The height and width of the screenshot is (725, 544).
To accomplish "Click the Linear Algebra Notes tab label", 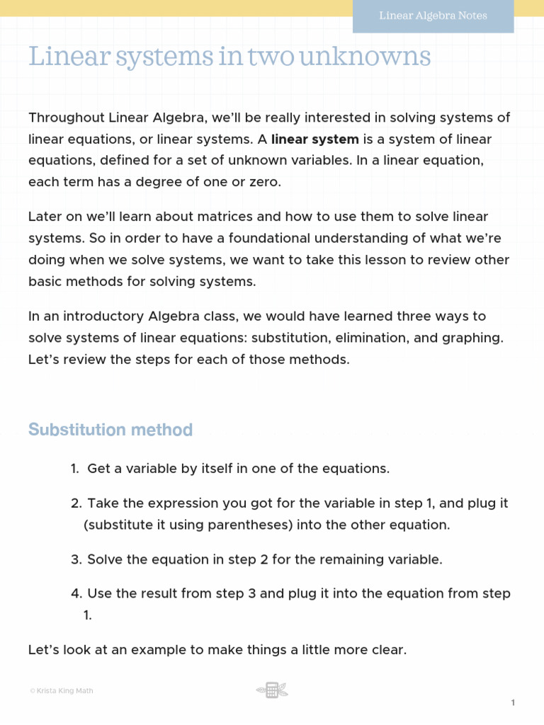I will pyautogui.click(x=433, y=16).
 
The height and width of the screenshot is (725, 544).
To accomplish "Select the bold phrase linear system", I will pyautogui.click(x=315, y=139).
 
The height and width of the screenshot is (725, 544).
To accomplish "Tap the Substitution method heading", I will pyautogui.click(x=110, y=430).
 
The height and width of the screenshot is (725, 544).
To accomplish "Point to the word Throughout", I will pyautogui.click(x=66, y=118).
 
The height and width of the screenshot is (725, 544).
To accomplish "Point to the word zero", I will pyautogui.click(x=263, y=182).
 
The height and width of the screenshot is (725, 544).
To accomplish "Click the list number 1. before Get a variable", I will pyautogui.click(x=74, y=469).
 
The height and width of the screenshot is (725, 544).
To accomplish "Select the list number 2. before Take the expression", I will pyautogui.click(x=76, y=504).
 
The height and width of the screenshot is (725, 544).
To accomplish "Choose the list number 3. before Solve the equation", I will pyautogui.click(x=76, y=560).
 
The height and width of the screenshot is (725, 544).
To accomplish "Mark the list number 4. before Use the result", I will pyautogui.click(x=76, y=594).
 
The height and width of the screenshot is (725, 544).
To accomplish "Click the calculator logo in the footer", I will pyautogui.click(x=272, y=690).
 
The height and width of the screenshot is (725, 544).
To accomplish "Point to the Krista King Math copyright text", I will pyautogui.click(x=61, y=691).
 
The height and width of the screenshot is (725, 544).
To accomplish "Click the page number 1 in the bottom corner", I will pyautogui.click(x=512, y=702).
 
